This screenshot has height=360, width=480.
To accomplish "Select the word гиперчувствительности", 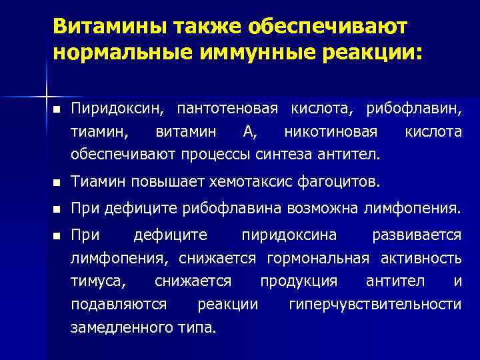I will (375, 305).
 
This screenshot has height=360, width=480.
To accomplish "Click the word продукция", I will (299, 281).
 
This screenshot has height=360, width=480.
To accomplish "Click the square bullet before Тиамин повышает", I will (58, 182).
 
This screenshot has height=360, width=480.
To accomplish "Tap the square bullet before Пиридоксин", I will (58, 109).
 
